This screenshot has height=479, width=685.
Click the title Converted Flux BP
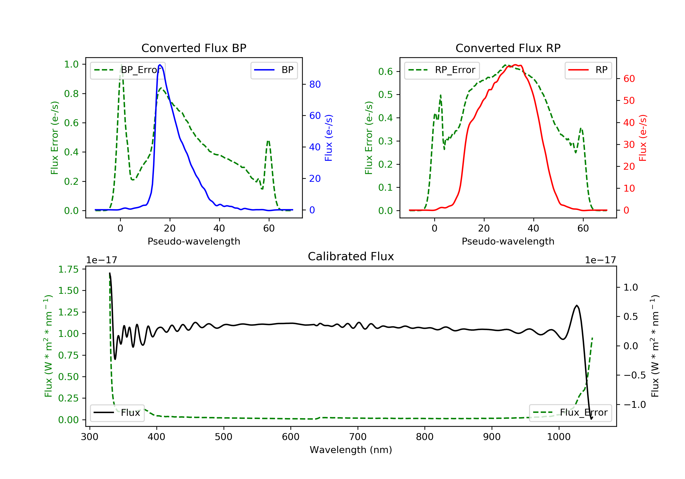[x=194, y=48]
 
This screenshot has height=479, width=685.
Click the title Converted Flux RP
[x=508, y=48]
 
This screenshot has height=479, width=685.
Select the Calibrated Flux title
[x=351, y=256]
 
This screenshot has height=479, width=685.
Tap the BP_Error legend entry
[x=127, y=70]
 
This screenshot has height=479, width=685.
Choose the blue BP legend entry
[x=274, y=70]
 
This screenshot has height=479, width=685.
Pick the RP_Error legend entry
[x=442, y=70]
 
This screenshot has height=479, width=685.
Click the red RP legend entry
[x=588, y=70]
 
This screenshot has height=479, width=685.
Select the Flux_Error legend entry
[x=570, y=413]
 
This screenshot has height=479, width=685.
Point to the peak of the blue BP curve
[x=160, y=65]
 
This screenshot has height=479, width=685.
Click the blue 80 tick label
[x=315, y=84]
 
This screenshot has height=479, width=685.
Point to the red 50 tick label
[x=629, y=100]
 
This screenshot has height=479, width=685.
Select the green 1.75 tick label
[x=68, y=269]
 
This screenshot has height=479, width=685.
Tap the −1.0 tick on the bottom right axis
[x=634, y=404]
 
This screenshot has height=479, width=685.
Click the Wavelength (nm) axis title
[x=351, y=450]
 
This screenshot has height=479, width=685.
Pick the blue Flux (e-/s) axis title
[x=329, y=138]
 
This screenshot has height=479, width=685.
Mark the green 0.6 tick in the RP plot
[x=385, y=72]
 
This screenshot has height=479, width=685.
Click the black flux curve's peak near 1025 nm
[x=577, y=305]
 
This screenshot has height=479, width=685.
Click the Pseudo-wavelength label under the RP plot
[x=508, y=241]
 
